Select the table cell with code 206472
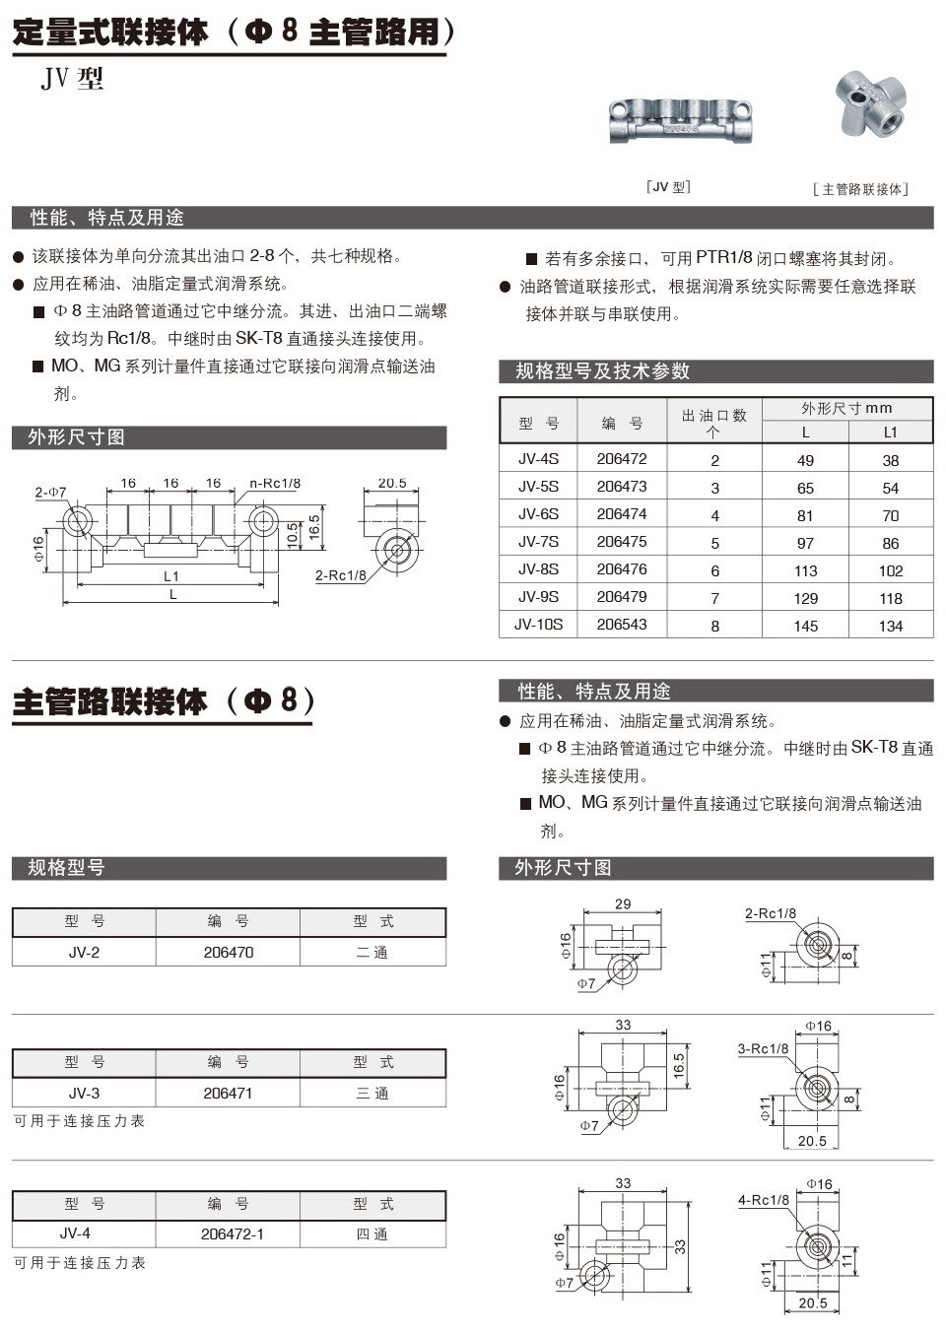coord(622,459)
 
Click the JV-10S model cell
coord(538,625)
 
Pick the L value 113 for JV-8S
coord(805,570)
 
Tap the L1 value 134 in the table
coord(890,626)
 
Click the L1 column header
coord(890,432)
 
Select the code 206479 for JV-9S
coord(622,597)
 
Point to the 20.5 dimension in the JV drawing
coord(391,483)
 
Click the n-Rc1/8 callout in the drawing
coord(275,484)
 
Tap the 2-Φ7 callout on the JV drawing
coord(50,492)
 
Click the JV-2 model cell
coord(84,953)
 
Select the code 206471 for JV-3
coord(228,1094)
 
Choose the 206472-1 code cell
coord(233,1234)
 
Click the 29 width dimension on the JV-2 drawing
coord(623,904)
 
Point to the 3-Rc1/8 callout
coord(764,1049)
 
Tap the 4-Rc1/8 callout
coord(764,1200)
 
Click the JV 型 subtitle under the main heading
coord(72,79)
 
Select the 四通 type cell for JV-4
coord(372,1234)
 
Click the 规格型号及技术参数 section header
coord(603,371)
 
